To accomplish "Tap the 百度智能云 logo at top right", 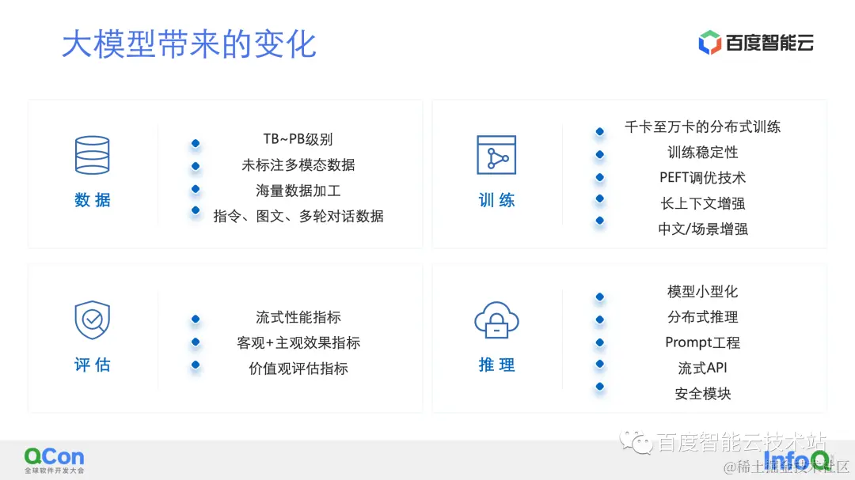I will coord(756,43).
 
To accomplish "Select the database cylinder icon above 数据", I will coord(93,155).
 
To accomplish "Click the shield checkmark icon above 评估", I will coord(93,319).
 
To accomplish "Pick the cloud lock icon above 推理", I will coord(496,320).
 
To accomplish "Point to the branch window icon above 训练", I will coord(496,155).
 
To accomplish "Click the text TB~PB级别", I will coord(298,140).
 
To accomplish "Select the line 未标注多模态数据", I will coord(298,165).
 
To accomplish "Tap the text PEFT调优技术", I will coord(702,178).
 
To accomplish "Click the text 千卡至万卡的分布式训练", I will coord(702,127).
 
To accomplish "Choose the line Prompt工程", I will coord(702,342).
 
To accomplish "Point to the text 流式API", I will coord(702,368).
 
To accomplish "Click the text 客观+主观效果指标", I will coord(298,342).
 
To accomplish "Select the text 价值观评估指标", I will coord(298,369).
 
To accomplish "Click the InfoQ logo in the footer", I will coord(796,459).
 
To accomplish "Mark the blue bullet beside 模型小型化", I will coord(600,297).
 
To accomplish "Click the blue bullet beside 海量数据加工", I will coord(196,189).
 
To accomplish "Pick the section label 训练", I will coord(496,201).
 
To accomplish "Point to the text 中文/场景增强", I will coord(702,229).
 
